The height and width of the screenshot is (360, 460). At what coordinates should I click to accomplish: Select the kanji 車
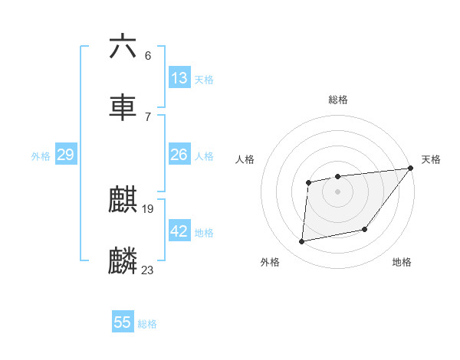click(x=123, y=108)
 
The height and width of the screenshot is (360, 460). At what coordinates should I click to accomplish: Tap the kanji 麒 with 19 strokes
click(x=123, y=201)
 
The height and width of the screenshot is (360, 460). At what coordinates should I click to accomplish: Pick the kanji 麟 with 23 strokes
click(x=123, y=260)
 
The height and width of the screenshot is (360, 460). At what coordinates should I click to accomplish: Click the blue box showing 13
click(x=179, y=78)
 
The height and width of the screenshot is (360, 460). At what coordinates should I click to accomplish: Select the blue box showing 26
click(x=179, y=155)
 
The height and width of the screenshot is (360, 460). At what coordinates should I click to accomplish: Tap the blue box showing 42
click(x=179, y=231)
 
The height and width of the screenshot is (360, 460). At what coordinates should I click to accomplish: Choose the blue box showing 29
click(x=66, y=155)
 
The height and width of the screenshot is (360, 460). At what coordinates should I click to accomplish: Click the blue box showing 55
click(x=123, y=322)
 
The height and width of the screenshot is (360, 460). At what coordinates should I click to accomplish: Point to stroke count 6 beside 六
click(x=148, y=55)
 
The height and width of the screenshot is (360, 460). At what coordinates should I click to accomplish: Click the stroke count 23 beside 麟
click(x=148, y=270)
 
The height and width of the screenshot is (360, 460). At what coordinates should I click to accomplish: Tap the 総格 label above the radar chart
click(x=338, y=100)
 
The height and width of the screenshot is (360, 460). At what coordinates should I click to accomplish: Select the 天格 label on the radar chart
click(x=431, y=159)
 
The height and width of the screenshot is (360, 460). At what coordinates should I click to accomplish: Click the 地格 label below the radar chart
click(x=402, y=263)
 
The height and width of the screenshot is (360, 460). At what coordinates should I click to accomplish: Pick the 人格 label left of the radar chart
click(x=245, y=159)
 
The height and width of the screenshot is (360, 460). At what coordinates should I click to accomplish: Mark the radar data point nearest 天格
click(x=410, y=169)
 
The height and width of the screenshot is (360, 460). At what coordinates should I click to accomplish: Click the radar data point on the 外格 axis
click(x=302, y=242)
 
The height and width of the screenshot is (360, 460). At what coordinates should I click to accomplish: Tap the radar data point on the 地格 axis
click(x=365, y=229)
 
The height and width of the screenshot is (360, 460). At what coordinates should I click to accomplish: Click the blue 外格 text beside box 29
click(x=41, y=155)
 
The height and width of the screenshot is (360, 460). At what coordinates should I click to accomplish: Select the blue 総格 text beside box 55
click(x=147, y=324)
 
